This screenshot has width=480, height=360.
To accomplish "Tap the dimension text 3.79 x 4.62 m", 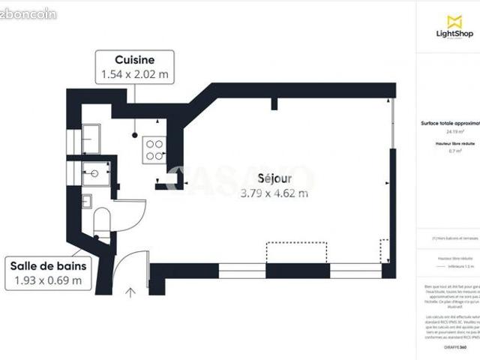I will pyautogui.click(x=274, y=193).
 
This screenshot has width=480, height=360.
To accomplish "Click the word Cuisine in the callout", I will pyautogui.click(x=135, y=60).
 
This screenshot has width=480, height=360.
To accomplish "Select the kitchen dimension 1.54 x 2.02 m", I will pyautogui.click(x=135, y=74).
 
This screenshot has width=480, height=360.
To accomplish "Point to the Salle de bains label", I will pyautogui.click(x=48, y=265).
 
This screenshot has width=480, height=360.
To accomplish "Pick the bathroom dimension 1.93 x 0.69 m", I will pyautogui.click(x=48, y=281).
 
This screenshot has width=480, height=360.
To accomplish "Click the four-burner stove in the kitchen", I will pyautogui.click(x=155, y=150).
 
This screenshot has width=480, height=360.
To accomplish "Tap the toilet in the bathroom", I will pyautogui.click(x=103, y=222).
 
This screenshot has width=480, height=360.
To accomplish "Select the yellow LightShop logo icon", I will pyautogui.click(x=454, y=22).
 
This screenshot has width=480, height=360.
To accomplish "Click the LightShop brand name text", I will pyautogui.click(x=454, y=34).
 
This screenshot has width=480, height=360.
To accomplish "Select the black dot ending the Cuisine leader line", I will pyautogui.click(x=136, y=136).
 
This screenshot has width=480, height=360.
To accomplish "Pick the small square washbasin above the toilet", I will pyautogui.click(x=87, y=200).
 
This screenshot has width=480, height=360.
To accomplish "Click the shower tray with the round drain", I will pyautogui.click(x=95, y=173).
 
